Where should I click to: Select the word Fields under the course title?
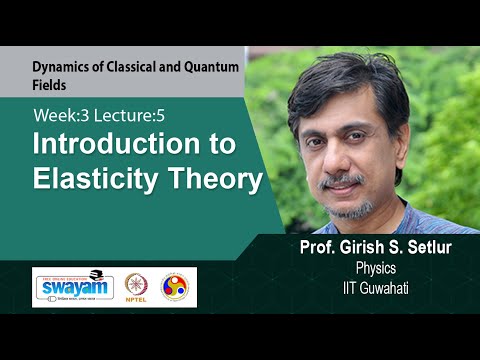[49, 87]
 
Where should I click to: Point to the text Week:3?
[59, 115]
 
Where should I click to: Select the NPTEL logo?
[137, 287]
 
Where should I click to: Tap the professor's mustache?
[345, 180]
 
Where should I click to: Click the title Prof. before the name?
[306, 248]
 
